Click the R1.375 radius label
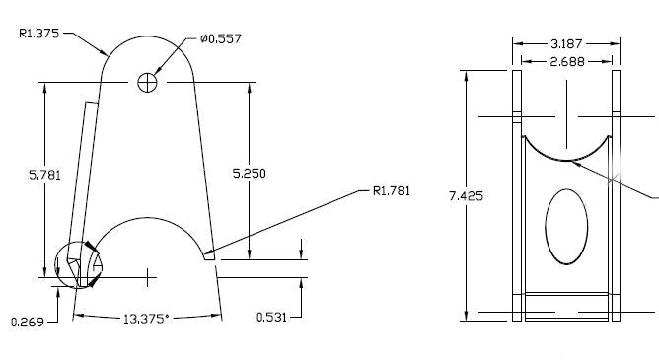(39, 33)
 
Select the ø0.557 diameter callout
(220, 38)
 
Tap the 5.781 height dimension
(45, 175)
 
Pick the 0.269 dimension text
(26, 321)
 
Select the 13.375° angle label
(146, 318)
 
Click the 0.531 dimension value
(271, 317)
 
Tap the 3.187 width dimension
(566, 43)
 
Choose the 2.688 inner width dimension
(566, 60)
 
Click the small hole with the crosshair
(148, 82)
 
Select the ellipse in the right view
(566, 226)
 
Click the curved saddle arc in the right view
(566, 156)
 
